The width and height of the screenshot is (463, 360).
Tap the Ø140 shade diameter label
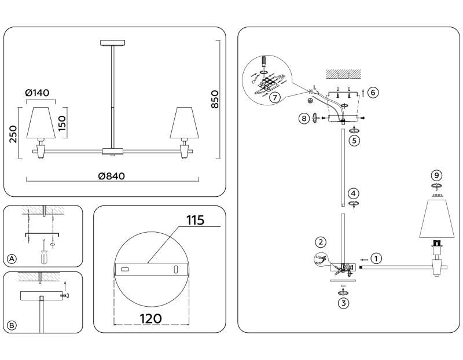tap(38, 92)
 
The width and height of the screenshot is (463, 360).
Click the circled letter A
tap(12, 258)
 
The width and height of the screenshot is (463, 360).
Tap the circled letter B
tap(12, 325)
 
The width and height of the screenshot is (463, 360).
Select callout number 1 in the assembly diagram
tap(376, 258)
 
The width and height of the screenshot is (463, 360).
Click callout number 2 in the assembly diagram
tap(321, 242)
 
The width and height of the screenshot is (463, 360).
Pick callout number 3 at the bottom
tap(343, 303)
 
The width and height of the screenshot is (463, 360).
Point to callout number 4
tap(354, 193)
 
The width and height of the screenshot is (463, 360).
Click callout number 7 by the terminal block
tap(275, 97)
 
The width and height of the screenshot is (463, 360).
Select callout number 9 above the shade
tap(437, 175)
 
